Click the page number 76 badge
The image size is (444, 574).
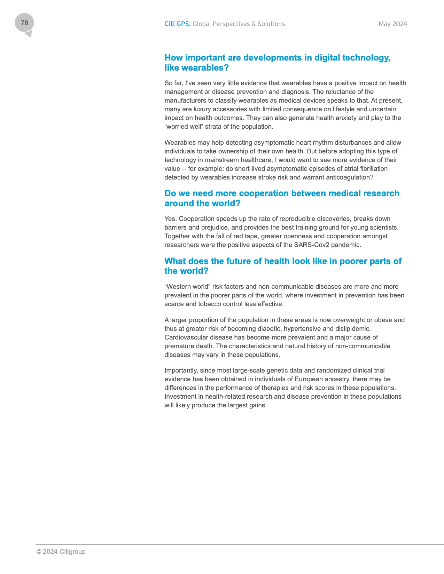24,23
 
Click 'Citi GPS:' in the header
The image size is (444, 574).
177,24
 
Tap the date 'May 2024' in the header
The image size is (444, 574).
393,24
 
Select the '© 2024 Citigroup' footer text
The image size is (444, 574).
61,552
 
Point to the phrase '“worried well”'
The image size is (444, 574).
183,127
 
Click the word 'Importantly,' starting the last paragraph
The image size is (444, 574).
181,370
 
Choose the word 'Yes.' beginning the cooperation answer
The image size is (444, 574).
171,219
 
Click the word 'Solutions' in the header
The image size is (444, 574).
271,24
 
